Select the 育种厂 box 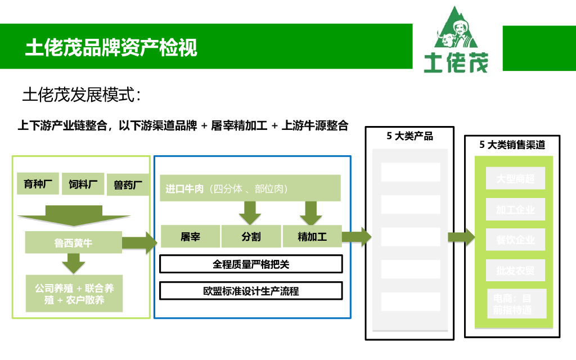(x=38, y=184)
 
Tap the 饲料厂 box (x=83, y=184)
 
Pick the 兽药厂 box (x=128, y=184)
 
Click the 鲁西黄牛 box (x=73, y=243)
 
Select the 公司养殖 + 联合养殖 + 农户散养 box (x=74, y=293)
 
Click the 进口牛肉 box (x=250, y=188)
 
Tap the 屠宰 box (x=190, y=236)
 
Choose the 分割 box (x=251, y=236)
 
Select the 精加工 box (x=312, y=236)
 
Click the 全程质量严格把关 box (x=251, y=264)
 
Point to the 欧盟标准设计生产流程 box (x=251, y=291)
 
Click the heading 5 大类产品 (x=409, y=136)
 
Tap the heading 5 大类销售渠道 (x=512, y=145)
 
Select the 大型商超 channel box (x=515, y=179)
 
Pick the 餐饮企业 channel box (x=515, y=240)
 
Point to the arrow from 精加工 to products (x=356, y=237)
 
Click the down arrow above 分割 (x=250, y=212)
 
